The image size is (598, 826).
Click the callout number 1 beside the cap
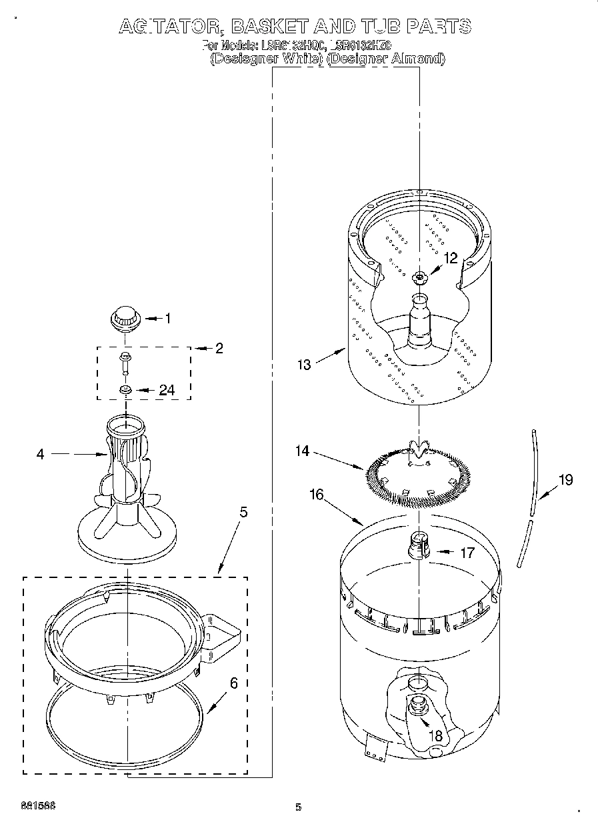click(x=167, y=319)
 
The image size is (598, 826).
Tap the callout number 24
click(x=166, y=390)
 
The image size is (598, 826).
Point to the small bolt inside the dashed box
click(x=124, y=362)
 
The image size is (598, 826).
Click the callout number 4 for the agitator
click(x=40, y=454)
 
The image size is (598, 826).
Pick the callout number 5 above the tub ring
click(x=243, y=512)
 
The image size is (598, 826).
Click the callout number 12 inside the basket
click(x=451, y=258)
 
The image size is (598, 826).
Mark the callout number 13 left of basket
click(x=304, y=364)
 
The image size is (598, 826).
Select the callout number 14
click(x=303, y=451)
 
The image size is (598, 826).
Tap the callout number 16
click(x=317, y=494)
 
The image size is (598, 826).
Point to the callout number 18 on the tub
click(x=437, y=736)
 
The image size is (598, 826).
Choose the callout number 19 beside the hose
click(x=565, y=479)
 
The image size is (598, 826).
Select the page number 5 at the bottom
click(x=298, y=807)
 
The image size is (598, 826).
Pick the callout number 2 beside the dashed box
click(x=219, y=348)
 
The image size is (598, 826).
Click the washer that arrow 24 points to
click(x=124, y=389)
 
